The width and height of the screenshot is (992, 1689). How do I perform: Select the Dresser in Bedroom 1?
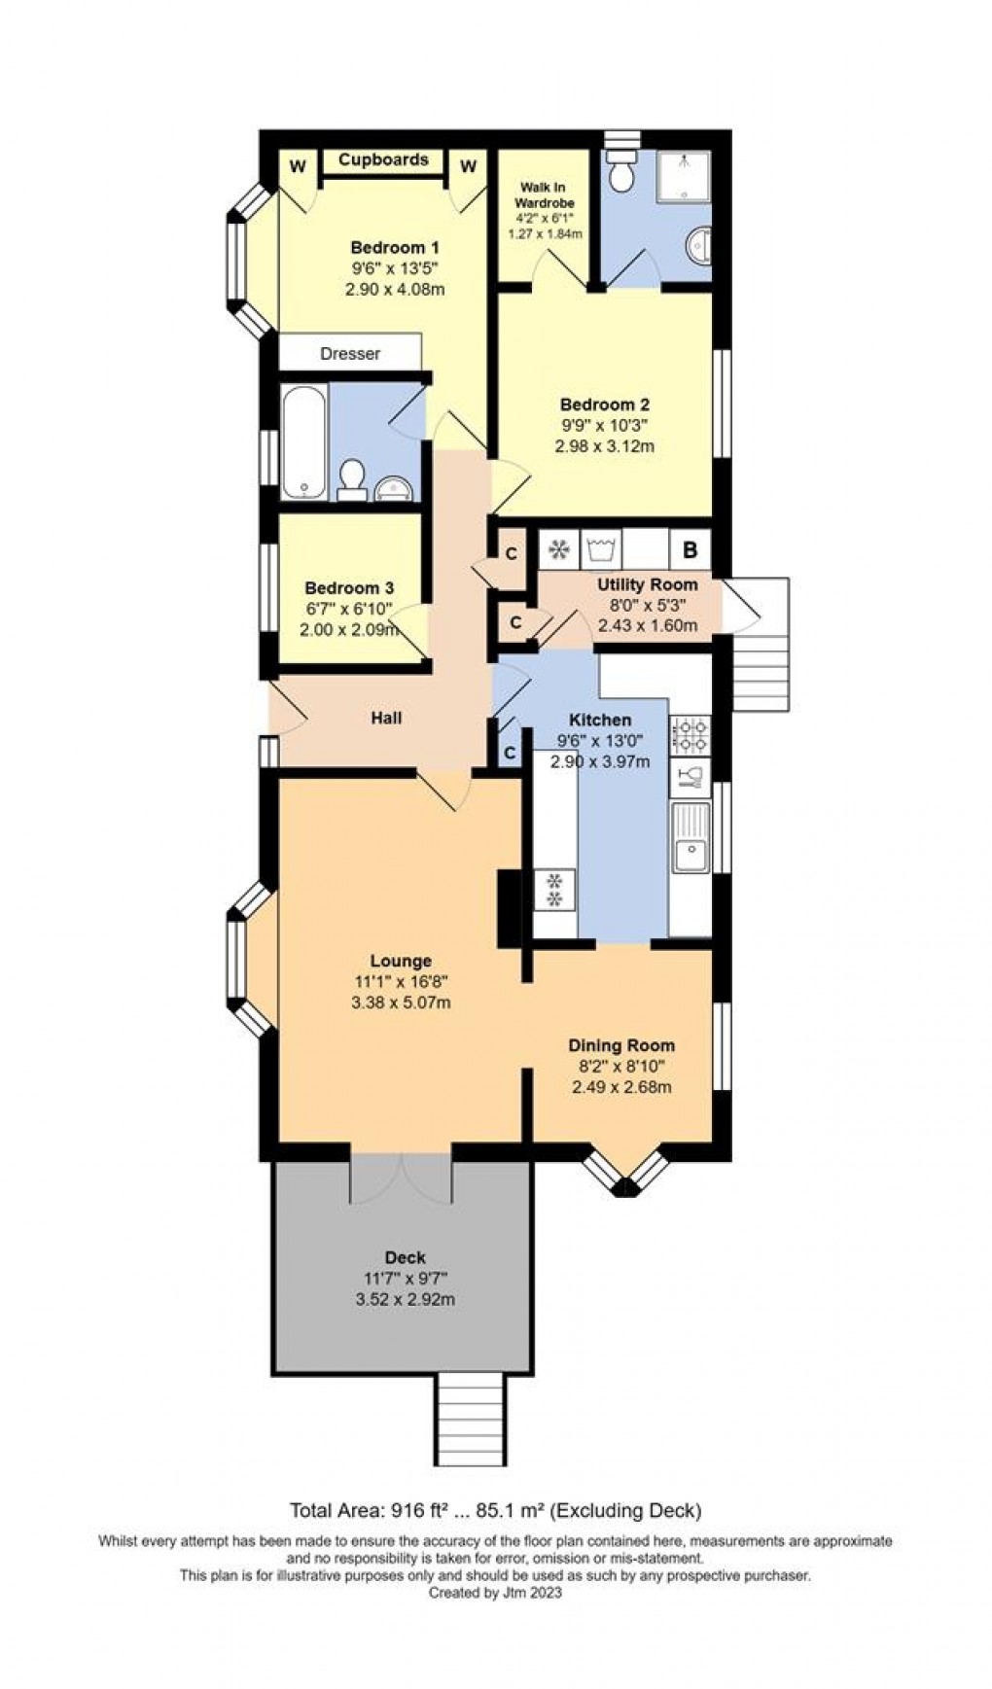pos(350,353)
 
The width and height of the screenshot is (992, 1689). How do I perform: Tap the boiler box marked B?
pos(691,549)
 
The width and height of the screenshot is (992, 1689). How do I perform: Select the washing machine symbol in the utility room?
pos(600,549)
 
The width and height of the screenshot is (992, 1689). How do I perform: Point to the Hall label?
pos(387,719)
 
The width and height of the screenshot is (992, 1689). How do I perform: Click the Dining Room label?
pos(621,1046)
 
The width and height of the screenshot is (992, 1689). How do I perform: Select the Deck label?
pos(406,1258)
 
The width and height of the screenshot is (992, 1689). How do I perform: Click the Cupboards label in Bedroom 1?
pos(383,159)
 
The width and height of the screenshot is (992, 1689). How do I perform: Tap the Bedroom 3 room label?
pos(349,588)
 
